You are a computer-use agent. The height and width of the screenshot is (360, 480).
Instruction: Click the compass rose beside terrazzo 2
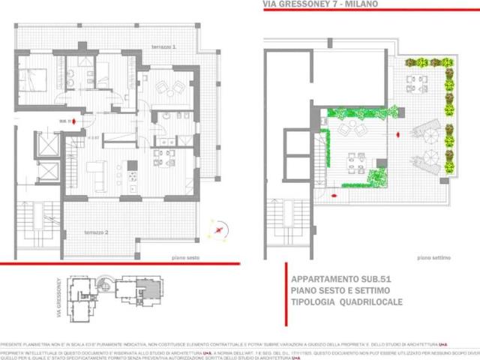(219, 229)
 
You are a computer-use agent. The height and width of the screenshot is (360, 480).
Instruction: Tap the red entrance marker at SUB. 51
(73, 121)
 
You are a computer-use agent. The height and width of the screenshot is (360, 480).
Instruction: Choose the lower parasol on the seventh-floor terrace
(430, 159)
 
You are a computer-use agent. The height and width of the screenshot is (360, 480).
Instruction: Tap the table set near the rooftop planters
(412, 80)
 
